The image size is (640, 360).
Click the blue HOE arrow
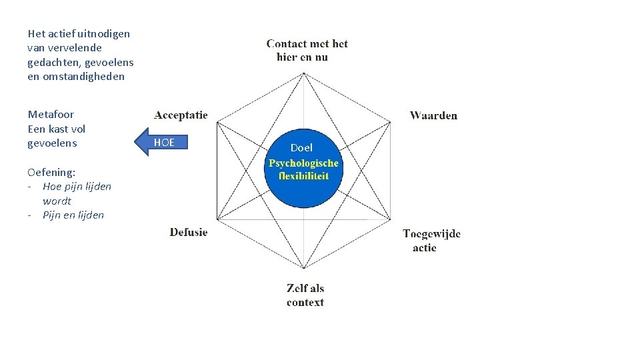point(163,142)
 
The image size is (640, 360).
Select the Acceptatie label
point(181,115)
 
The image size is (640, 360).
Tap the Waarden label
point(433,115)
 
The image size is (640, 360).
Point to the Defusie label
point(189,232)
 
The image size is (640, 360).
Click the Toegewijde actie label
point(431,240)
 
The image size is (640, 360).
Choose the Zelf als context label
point(305,295)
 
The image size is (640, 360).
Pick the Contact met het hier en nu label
point(307,50)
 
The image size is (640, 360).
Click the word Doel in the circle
point(301,147)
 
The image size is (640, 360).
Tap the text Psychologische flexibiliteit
point(303,169)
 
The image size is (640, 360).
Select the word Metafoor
point(51,115)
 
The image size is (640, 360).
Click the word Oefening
point(51,172)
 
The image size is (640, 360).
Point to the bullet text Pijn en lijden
point(73,215)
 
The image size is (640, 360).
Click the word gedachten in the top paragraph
point(53,62)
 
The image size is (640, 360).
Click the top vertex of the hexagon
point(304,73)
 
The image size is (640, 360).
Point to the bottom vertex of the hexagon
point(304,268)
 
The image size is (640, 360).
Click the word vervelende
point(75,48)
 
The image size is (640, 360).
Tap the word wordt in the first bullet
point(57,201)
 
